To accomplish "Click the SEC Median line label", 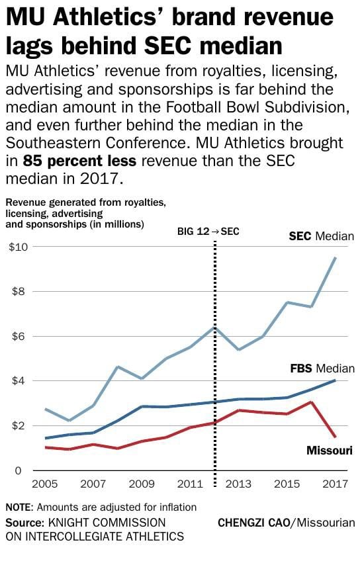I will tap(322, 236).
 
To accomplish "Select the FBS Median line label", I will tap(322, 369).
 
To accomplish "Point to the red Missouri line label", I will tap(329, 451).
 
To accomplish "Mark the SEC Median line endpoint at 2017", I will tap(336, 258).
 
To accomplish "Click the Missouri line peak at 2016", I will tap(312, 402).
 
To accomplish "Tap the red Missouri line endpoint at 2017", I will tap(336, 437).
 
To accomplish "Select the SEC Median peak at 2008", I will tap(116, 367).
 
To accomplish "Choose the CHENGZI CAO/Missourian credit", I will tap(286, 523).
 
